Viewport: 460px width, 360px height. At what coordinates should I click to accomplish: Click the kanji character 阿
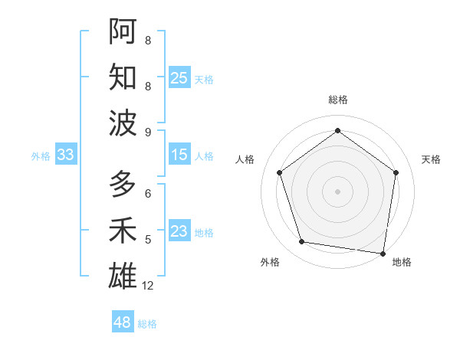(x=123, y=31)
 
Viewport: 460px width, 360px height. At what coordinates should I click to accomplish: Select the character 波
(x=123, y=122)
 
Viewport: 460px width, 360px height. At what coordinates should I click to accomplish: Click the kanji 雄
(x=123, y=275)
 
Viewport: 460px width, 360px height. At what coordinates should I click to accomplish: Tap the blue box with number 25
(x=179, y=78)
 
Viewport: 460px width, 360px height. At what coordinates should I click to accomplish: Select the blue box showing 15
(x=179, y=155)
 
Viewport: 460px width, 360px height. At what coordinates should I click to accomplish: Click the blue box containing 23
(x=179, y=232)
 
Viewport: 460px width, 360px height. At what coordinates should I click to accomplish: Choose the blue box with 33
(x=65, y=155)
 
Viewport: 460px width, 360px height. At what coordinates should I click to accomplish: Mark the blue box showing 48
(x=123, y=322)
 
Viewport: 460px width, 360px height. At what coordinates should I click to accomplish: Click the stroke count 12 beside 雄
(x=148, y=286)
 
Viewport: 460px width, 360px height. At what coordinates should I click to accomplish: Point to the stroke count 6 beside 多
(x=148, y=194)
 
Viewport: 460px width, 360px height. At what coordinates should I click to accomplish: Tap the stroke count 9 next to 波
(x=148, y=132)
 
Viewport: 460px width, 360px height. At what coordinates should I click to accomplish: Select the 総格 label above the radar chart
(x=337, y=100)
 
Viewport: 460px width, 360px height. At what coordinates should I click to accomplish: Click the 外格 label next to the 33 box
(x=41, y=156)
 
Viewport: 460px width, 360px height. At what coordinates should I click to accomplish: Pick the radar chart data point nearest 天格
(x=396, y=172)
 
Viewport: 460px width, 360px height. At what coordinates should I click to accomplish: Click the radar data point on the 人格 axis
(x=279, y=172)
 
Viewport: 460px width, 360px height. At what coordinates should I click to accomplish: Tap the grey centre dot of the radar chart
(x=337, y=191)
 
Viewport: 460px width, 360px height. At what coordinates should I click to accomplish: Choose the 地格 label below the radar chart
(x=402, y=262)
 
